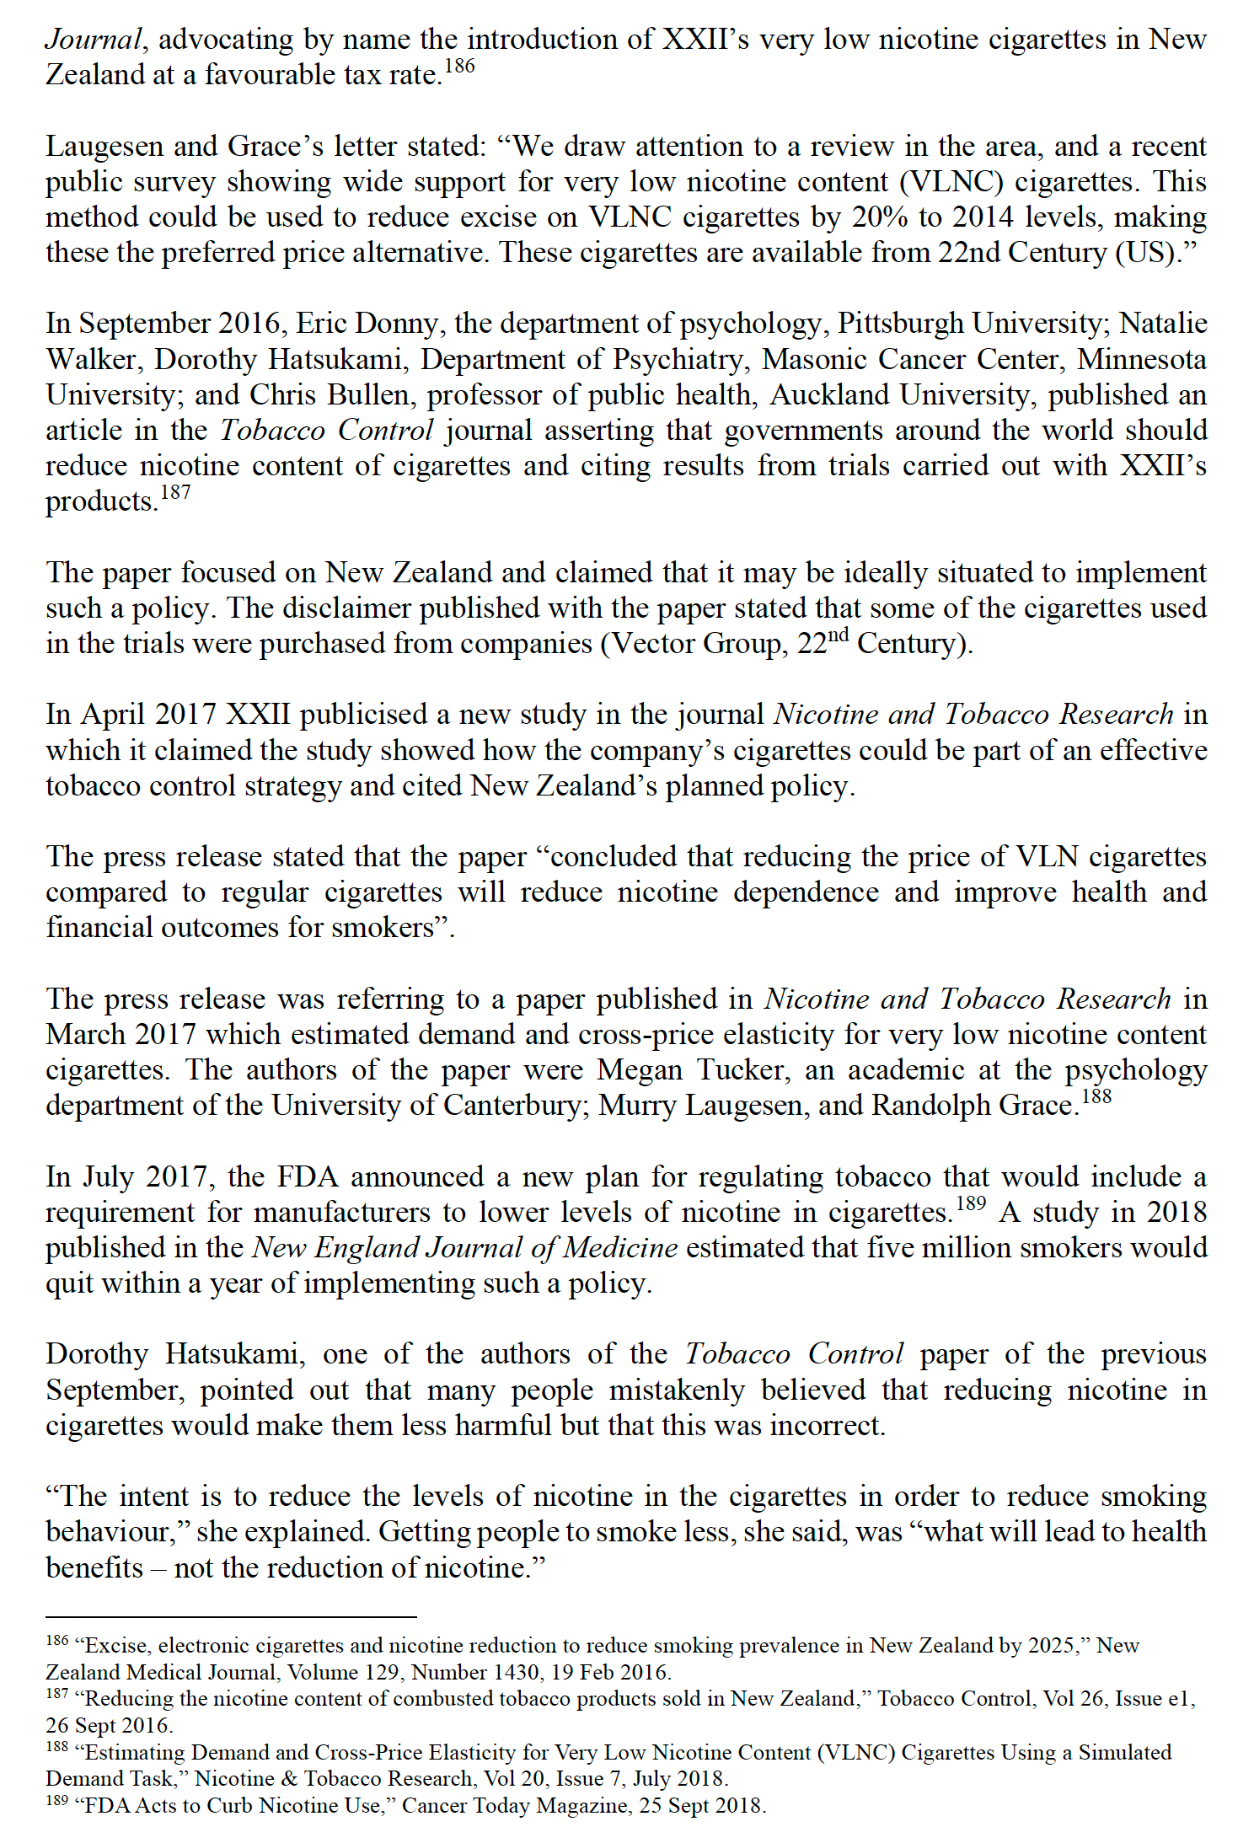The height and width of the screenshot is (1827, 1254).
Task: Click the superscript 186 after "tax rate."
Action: pyautogui.click(x=459, y=67)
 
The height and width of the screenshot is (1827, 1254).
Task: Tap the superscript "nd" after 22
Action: pyautogui.click(x=839, y=635)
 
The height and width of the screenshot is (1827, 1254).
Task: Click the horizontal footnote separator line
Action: pyautogui.click(x=231, y=1617)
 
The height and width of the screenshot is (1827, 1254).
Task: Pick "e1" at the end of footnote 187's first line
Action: pyautogui.click(x=1181, y=1699)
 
